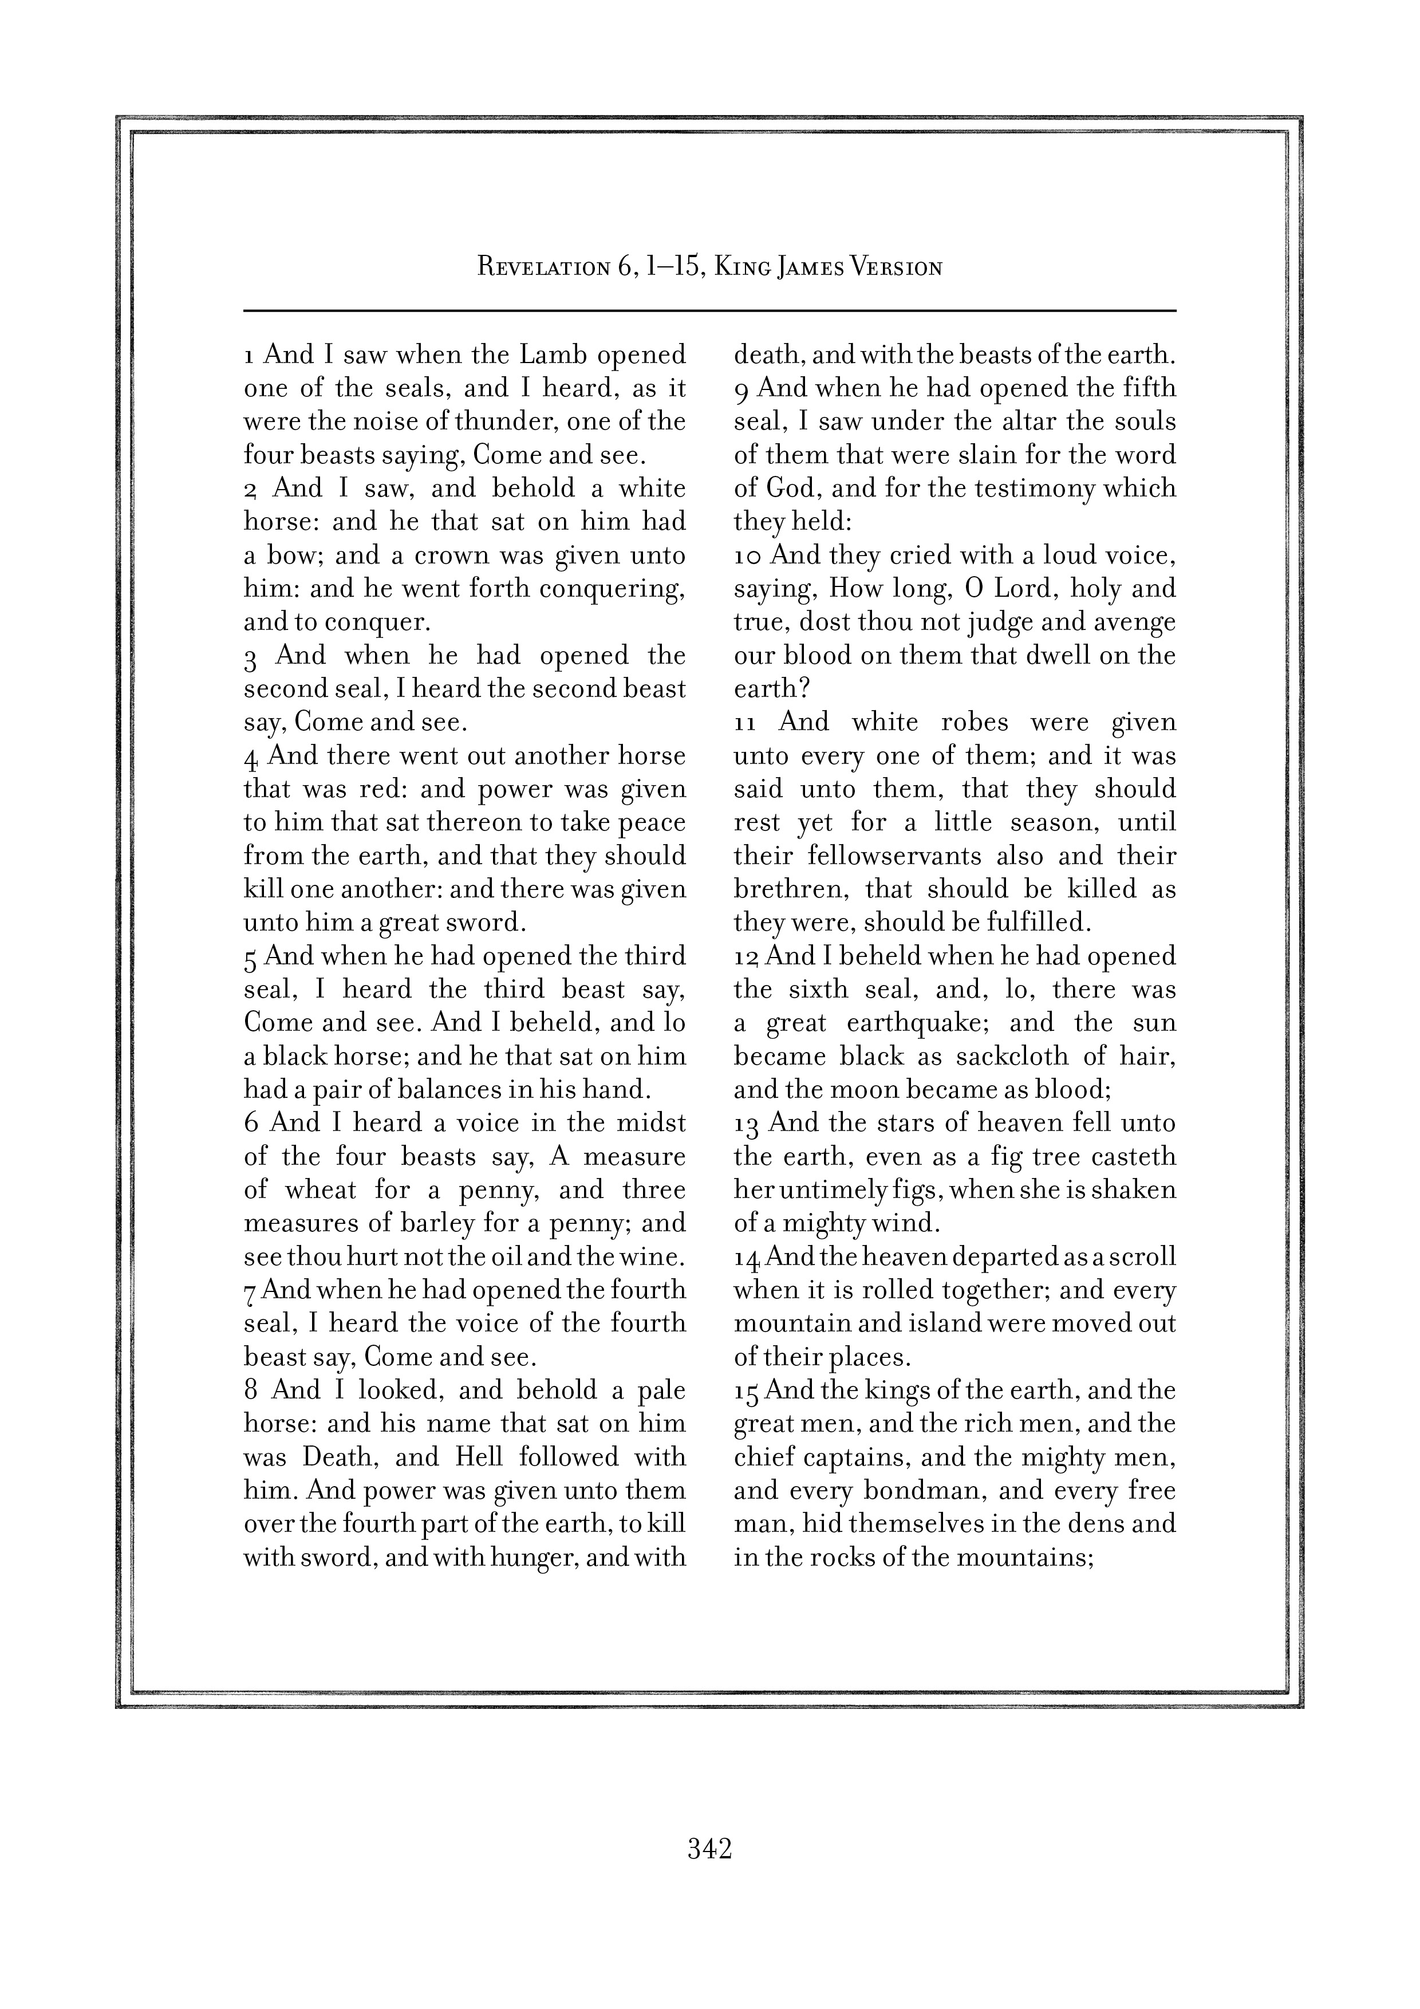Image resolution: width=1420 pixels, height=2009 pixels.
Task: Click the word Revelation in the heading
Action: click(x=542, y=268)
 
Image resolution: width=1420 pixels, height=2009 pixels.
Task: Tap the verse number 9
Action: click(x=741, y=389)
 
